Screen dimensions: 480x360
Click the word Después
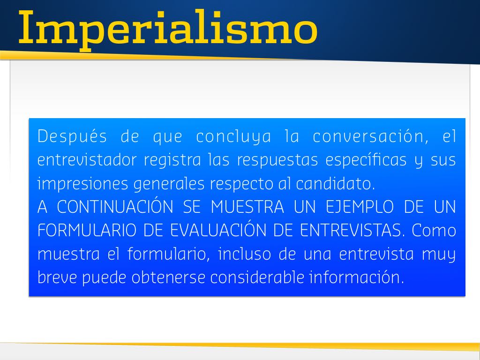72,136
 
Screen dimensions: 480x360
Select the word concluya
233,136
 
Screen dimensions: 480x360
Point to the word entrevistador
87,160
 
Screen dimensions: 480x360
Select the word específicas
366,160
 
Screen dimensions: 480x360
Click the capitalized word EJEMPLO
360,207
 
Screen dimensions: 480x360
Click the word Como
434,230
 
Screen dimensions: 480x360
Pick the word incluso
245,254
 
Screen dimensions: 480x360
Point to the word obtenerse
168,277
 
